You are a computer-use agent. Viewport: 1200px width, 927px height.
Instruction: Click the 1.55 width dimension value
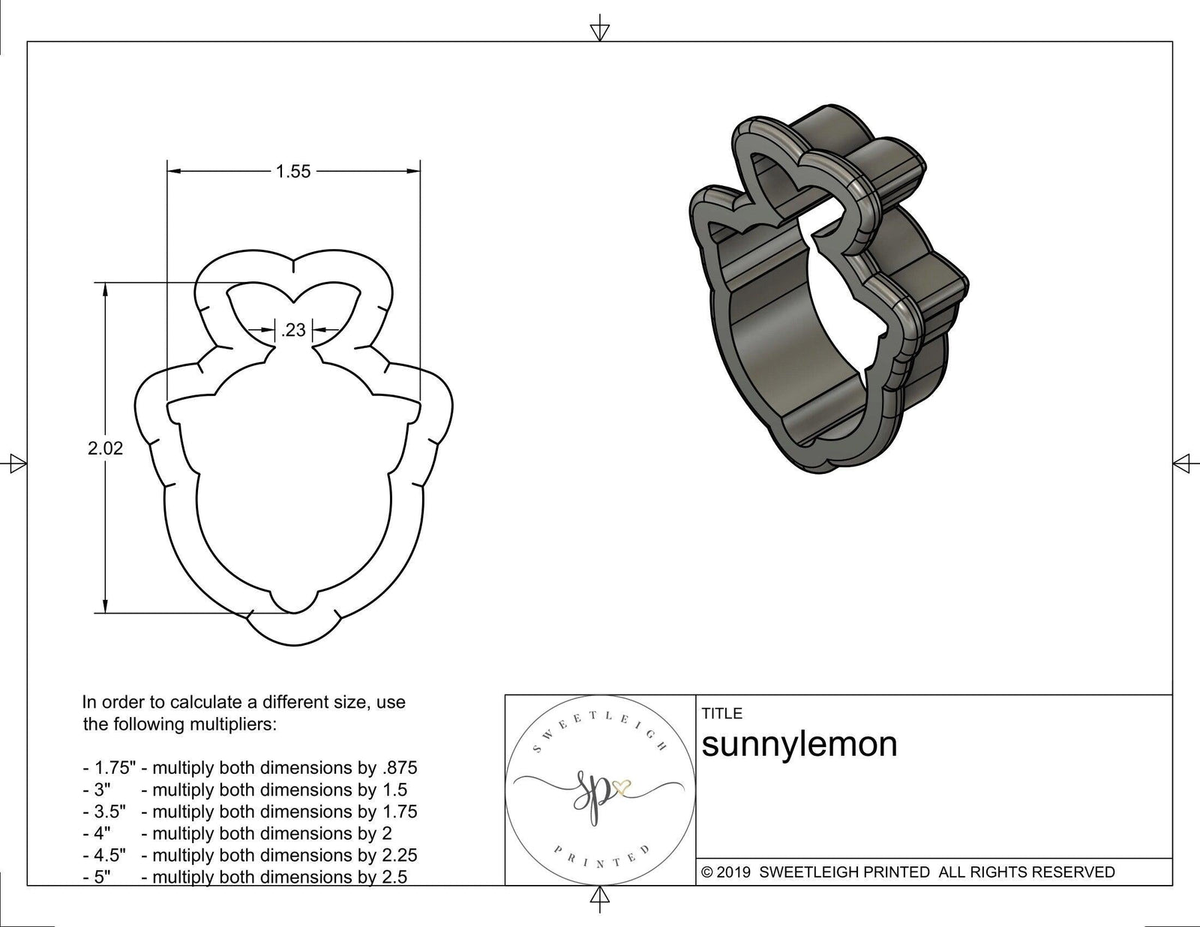pyautogui.click(x=292, y=172)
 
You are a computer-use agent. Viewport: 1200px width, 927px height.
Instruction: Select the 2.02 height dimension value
pyautogui.click(x=105, y=448)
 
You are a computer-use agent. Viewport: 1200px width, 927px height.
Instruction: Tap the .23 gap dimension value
pyautogui.click(x=293, y=329)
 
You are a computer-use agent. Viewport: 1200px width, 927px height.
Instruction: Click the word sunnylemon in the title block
pyautogui.click(x=799, y=744)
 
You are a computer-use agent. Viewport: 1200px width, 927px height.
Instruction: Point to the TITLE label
pyautogui.click(x=721, y=713)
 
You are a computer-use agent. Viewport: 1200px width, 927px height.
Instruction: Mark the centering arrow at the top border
pyautogui.click(x=599, y=31)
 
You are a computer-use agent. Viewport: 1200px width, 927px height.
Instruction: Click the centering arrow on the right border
pyautogui.click(x=1182, y=463)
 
